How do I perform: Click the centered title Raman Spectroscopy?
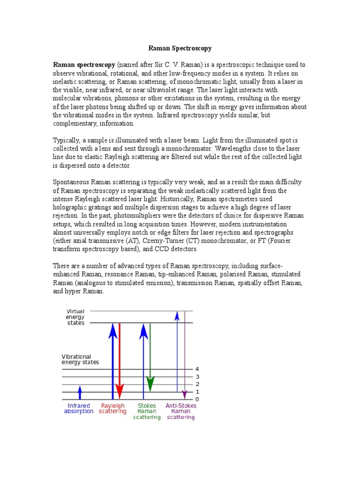point(180,48)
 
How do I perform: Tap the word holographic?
point(71,207)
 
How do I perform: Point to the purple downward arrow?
point(185,356)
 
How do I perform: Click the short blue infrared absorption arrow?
point(80,392)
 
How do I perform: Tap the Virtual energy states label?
point(75,317)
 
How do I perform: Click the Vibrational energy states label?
point(80,359)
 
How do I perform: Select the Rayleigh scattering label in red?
point(112,408)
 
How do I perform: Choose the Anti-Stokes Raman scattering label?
point(181,411)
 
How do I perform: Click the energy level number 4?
point(197,369)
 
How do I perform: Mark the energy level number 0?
point(197,399)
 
